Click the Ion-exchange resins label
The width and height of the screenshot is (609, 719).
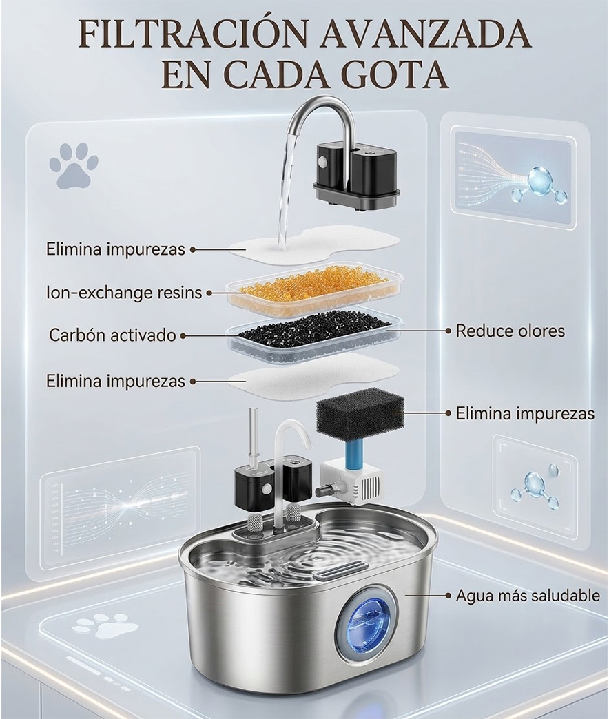point(124,293)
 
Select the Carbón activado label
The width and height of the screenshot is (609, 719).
point(112,335)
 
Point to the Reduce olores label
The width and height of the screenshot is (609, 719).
point(510,331)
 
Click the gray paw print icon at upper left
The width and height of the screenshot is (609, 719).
point(74,165)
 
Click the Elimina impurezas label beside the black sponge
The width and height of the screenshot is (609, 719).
point(525,414)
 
